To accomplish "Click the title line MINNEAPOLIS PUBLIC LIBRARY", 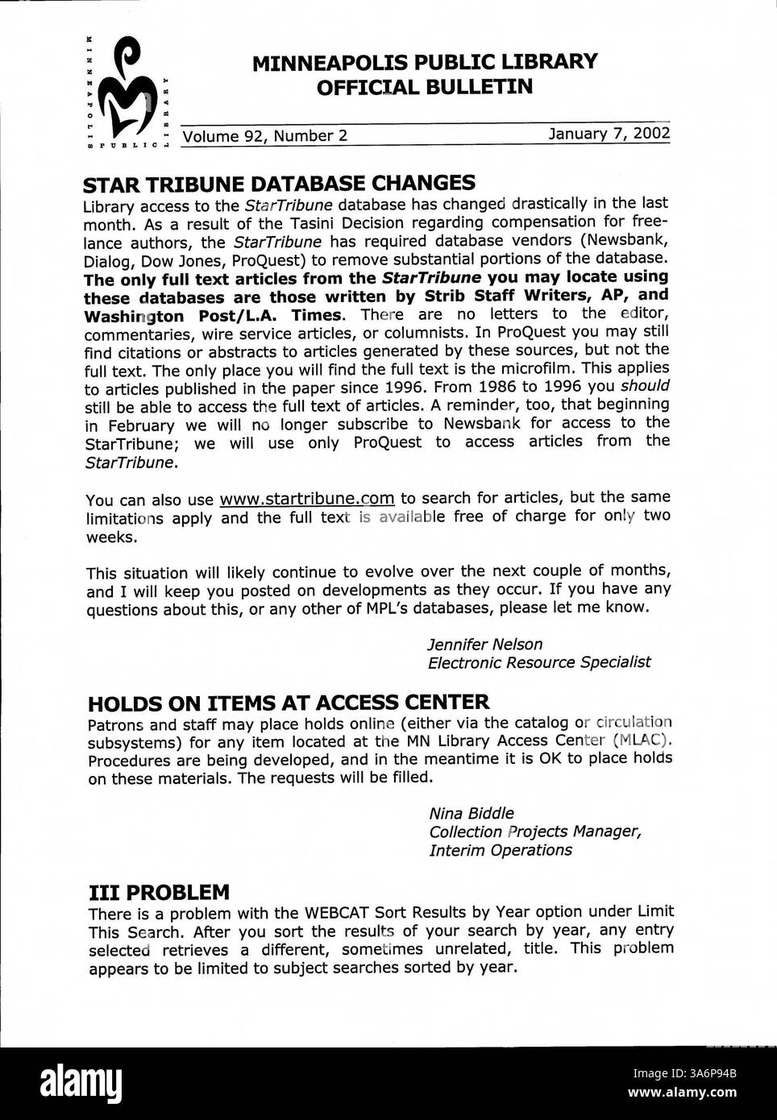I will [425, 62].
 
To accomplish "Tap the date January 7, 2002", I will [609, 134].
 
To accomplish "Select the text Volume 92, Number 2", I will [265, 135].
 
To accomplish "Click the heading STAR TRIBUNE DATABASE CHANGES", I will [279, 182].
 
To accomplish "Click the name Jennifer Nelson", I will [484, 644].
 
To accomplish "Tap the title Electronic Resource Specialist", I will [538, 662].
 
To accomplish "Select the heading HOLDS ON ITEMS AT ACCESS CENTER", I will [288, 702].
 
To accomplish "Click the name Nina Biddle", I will [471, 813].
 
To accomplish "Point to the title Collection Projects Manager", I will [535, 832].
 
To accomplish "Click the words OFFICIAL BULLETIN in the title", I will [425, 86].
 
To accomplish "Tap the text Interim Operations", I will [501, 850].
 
